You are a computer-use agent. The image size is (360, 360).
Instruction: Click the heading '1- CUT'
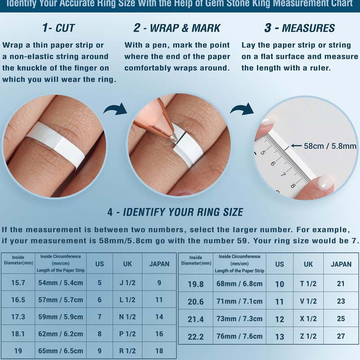pyautogui.click(x=58, y=28)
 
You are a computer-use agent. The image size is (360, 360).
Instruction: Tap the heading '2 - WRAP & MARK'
pyautogui.click(x=177, y=28)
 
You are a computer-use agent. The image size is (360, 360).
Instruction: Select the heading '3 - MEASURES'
pyautogui.click(x=299, y=28)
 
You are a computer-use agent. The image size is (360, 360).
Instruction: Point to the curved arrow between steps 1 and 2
pyautogui.click(x=116, y=109)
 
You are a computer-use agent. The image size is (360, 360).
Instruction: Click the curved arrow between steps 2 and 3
pyautogui.click(x=242, y=109)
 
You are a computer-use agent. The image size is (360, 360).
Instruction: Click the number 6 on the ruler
pyautogui.click(x=273, y=163)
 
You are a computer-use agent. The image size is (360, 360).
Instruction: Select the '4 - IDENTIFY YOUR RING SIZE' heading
pyautogui.click(x=175, y=212)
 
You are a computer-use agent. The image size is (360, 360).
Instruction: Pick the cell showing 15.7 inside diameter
pyautogui.click(x=18, y=283)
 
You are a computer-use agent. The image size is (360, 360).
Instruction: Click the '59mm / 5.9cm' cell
pyautogui.click(x=61, y=317)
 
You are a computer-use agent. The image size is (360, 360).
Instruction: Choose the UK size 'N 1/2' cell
pyautogui.click(x=127, y=317)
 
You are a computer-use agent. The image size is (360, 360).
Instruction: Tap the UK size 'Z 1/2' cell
pyautogui.click(x=308, y=336)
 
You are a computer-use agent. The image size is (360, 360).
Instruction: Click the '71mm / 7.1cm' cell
pyautogui.click(x=239, y=301)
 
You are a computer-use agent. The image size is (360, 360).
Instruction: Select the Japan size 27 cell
pyautogui.click(x=341, y=336)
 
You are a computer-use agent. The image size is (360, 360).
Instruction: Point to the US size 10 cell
pyautogui.click(x=279, y=284)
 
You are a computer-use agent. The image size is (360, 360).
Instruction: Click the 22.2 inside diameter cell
pyautogui.click(x=196, y=337)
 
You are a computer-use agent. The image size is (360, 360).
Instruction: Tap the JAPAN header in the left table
pyautogui.click(x=159, y=264)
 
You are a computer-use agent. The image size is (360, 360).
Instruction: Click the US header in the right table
pyautogui.click(x=279, y=264)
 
